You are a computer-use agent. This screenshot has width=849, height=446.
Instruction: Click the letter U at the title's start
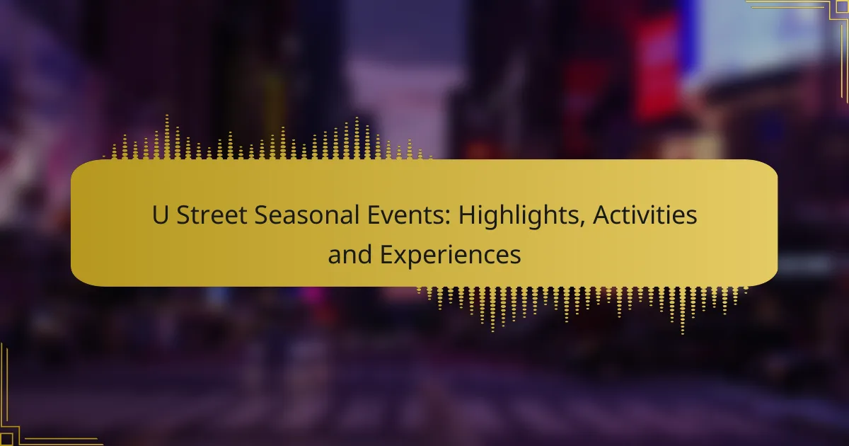pyautogui.click(x=160, y=215)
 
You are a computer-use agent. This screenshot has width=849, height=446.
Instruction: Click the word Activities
pyautogui.click(x=645, y=215)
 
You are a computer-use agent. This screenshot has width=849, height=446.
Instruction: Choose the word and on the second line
pyautogui.click(x=350, y=254)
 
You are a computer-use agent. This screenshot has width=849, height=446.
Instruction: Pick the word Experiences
pyautogui.click(x=450, y=256)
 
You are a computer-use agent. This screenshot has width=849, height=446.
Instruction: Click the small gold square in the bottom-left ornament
pyautogui.click(x=6, y=440)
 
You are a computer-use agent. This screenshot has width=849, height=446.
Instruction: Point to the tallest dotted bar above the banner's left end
pyautogui.click(x=167, y=137)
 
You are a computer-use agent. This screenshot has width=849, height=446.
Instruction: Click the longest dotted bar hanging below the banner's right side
pyautogui.click(x=683, y=310)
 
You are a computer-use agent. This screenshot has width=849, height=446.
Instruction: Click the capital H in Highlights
pyautogui.click(x=467, y=215)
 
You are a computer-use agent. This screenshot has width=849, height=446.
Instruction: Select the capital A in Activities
pyautogui.click(x=602, y=215)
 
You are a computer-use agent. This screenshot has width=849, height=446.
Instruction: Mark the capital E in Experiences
pyautogui.click(x=386, y=254)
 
